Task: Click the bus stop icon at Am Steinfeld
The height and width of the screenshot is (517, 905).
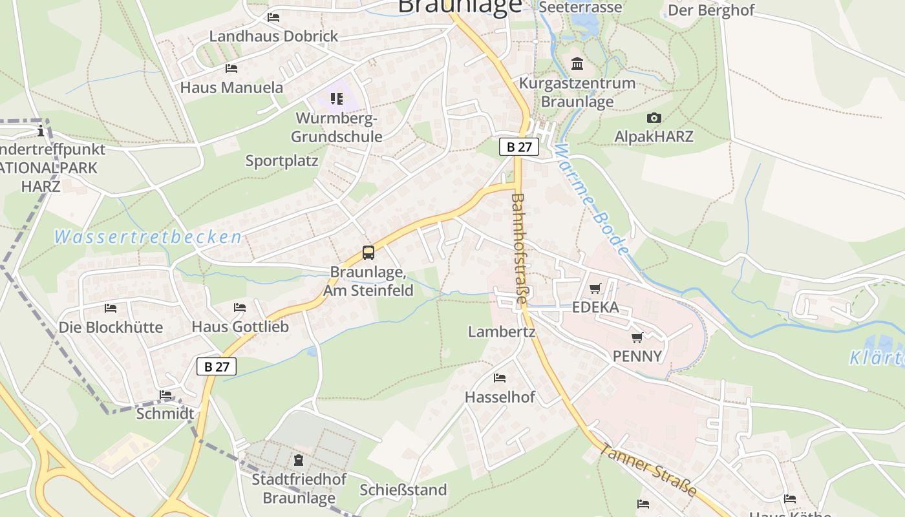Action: (368, 253)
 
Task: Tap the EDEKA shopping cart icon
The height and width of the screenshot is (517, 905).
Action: (595, 288)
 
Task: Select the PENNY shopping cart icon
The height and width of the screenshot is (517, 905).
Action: (637, 337)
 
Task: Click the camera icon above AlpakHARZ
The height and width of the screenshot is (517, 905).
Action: (654, 118)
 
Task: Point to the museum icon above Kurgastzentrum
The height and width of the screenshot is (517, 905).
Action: (577, 64)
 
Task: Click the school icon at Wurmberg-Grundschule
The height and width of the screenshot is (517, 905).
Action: (336, 99)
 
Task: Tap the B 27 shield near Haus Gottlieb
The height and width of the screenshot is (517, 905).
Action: (217, 367)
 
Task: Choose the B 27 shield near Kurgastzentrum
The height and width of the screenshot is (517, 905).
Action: (518, 147)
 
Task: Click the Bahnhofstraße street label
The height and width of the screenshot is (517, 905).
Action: (519, 249)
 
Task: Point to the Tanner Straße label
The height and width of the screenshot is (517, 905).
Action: (648, 470)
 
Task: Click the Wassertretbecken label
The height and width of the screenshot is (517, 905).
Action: (148, 237)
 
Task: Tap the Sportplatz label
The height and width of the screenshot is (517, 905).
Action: (282, 161)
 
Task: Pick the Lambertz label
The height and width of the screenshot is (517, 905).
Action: (502, 332)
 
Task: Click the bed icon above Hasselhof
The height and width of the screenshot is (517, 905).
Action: (500, 377)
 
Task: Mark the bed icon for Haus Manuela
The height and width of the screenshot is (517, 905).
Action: (231, 69)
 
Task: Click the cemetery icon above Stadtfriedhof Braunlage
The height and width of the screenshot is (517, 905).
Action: (299, 460)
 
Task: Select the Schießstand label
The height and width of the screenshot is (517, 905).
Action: (403, 490)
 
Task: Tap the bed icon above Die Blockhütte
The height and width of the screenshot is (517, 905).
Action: (111, 308)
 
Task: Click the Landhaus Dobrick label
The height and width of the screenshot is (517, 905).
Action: (273, 36)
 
